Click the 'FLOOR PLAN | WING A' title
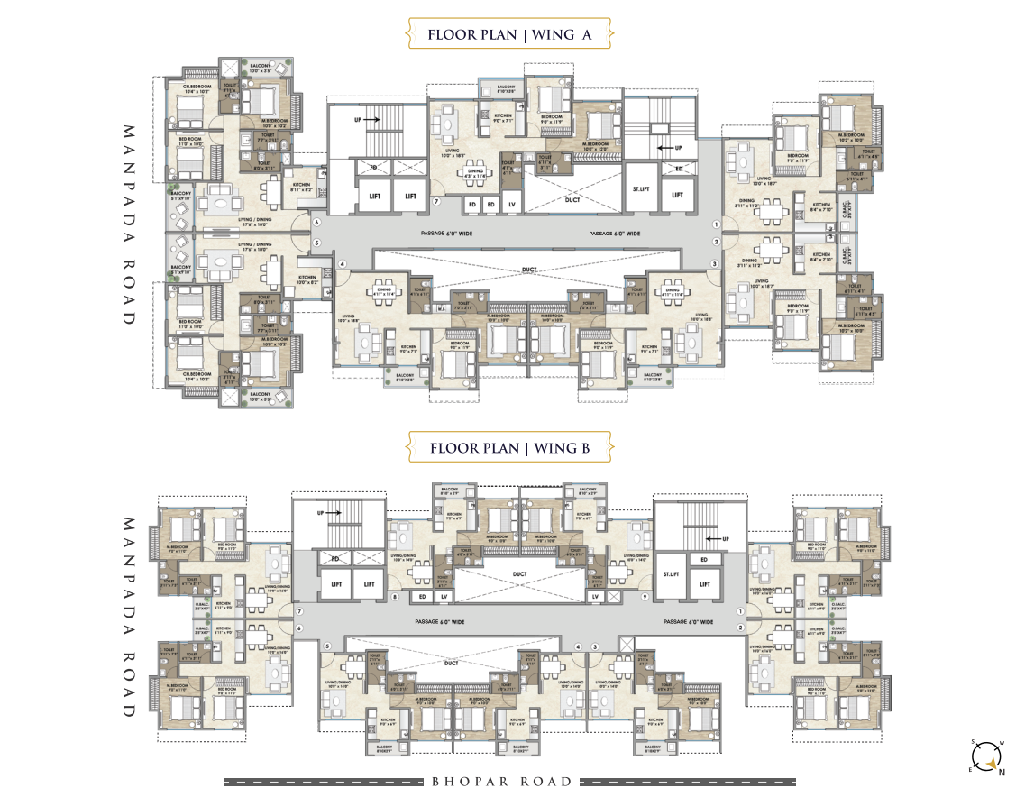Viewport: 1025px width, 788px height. [510, 36]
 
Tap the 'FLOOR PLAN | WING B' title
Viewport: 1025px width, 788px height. [510, 447]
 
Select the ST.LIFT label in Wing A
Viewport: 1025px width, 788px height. [640, 195]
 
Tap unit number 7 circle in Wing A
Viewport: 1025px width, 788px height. [435, 202]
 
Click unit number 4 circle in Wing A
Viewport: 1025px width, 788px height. [343, 263]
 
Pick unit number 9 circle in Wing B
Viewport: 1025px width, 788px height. [645, 597]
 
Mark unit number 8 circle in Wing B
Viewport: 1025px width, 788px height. [394, 597]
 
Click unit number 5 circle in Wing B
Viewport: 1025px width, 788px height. [328, 646]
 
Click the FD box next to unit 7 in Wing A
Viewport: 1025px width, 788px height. [471, 204]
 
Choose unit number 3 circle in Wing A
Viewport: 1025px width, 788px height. [715, 263]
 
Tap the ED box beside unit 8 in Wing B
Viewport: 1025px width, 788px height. [422, 597]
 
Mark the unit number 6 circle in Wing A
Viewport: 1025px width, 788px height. [316, 222]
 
